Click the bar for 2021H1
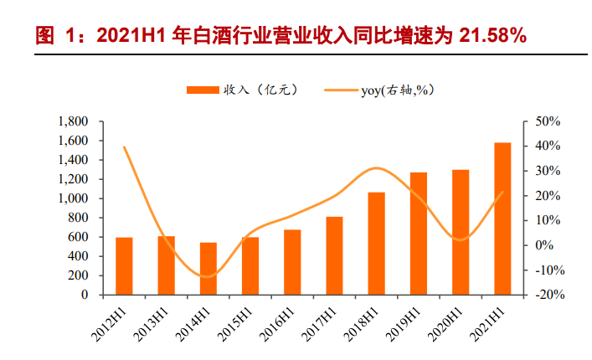(502, 219)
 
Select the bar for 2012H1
(125, 266)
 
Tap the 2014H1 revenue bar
(208, 269)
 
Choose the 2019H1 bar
(419, 234)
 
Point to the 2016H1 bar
(292, 262)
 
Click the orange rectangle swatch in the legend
(201, 89)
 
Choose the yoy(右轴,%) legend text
(402, 90)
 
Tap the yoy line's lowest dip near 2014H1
(207, 276)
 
